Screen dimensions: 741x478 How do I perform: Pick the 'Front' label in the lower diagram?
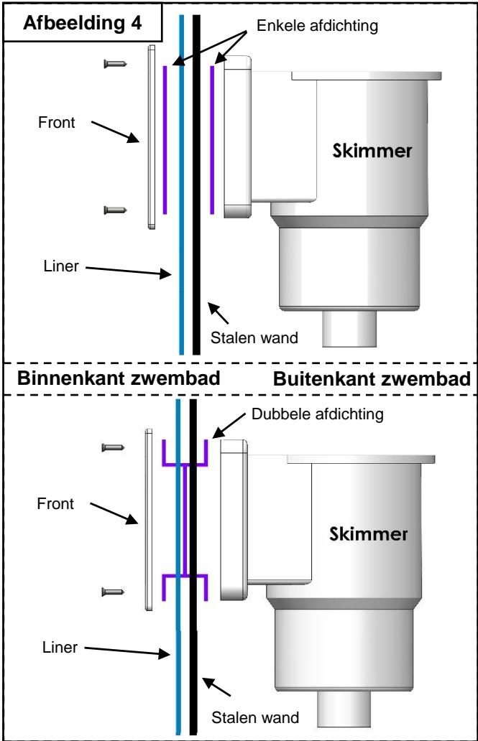pos(56,504)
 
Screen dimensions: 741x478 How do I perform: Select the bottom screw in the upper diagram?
pos(115,210)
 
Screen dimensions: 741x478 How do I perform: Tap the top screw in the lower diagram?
pos(114,447)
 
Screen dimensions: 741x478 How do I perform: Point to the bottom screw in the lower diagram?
pos(114,591)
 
